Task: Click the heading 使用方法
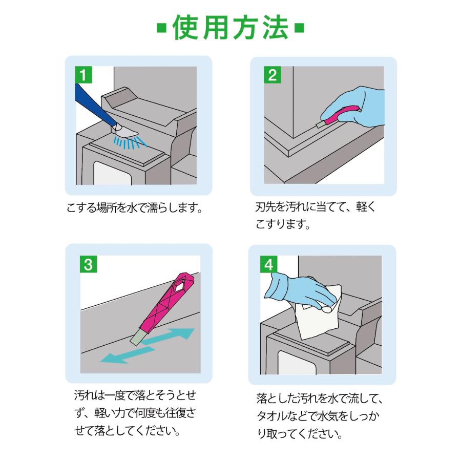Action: point(230,29)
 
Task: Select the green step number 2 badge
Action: point(273,75)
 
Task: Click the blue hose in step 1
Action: point(92,105)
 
